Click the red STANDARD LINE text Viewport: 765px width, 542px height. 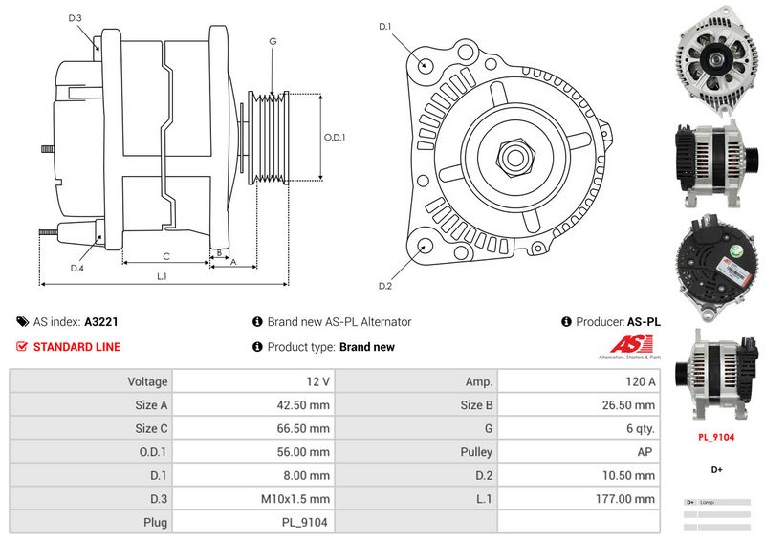coord(76,347)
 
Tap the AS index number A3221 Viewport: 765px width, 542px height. coord(101,323)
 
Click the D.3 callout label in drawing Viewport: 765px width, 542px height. coord(76,18)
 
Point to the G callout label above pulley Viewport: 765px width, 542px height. coord(273,42)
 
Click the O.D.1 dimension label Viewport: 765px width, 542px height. coord(334,138)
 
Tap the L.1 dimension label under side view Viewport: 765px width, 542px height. coord(162,277)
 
